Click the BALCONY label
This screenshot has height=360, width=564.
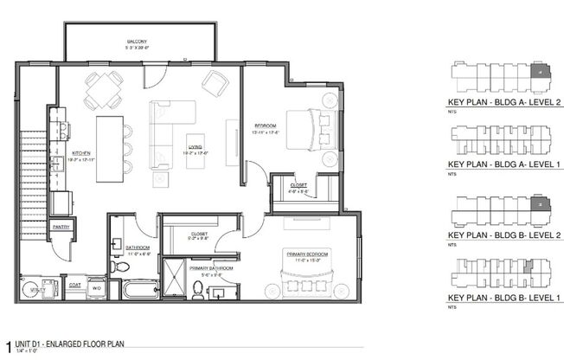point(139,42)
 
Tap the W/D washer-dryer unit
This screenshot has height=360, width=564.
point(98,286)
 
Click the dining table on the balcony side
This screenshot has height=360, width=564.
point(103,85)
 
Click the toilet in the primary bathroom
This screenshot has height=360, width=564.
point(199,289)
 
